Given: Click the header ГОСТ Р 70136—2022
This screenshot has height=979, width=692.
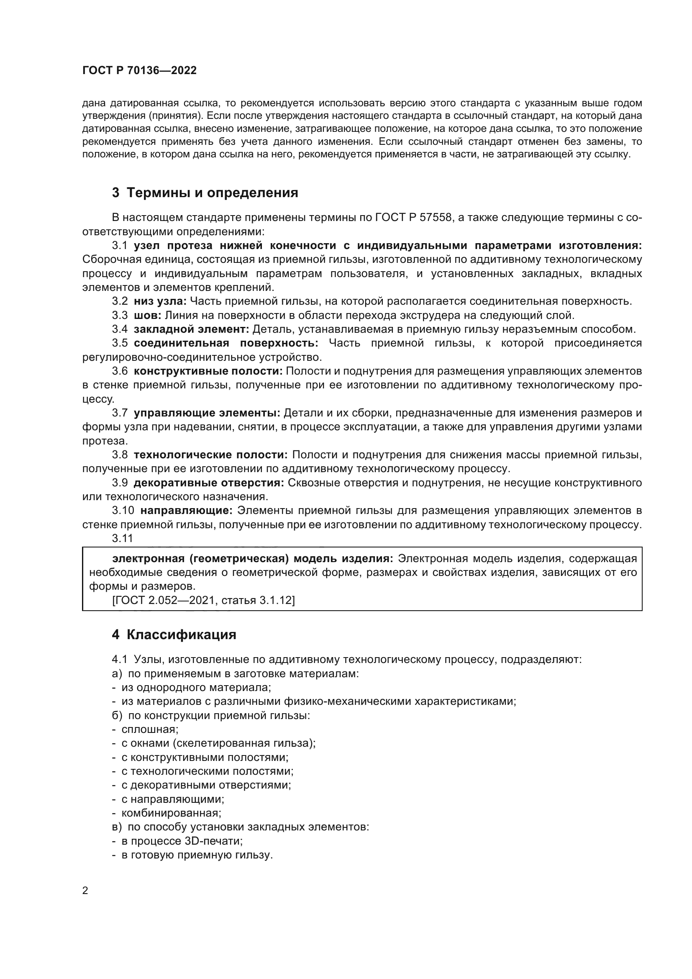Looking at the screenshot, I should (x=139, y=71).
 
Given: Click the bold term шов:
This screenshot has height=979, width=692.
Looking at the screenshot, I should (x=147, y=315).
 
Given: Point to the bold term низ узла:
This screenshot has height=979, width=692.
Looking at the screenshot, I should (x=160, y=301).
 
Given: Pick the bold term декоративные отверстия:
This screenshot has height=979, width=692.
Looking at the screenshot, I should (x=209, y=483).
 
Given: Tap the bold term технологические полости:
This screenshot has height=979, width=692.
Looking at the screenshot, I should (x=210, y=455).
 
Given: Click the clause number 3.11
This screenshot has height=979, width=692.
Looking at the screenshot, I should (x=122, y=539).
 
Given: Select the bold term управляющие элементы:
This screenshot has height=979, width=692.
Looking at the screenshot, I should (x=207, y=413).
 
